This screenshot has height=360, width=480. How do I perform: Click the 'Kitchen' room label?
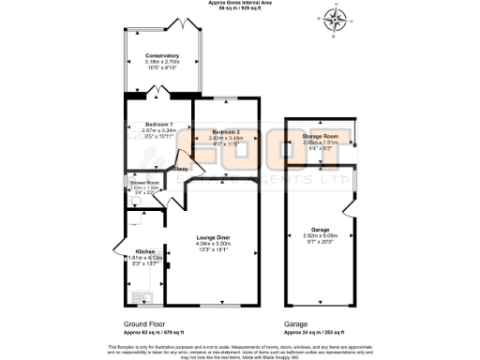coord(145,251)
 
